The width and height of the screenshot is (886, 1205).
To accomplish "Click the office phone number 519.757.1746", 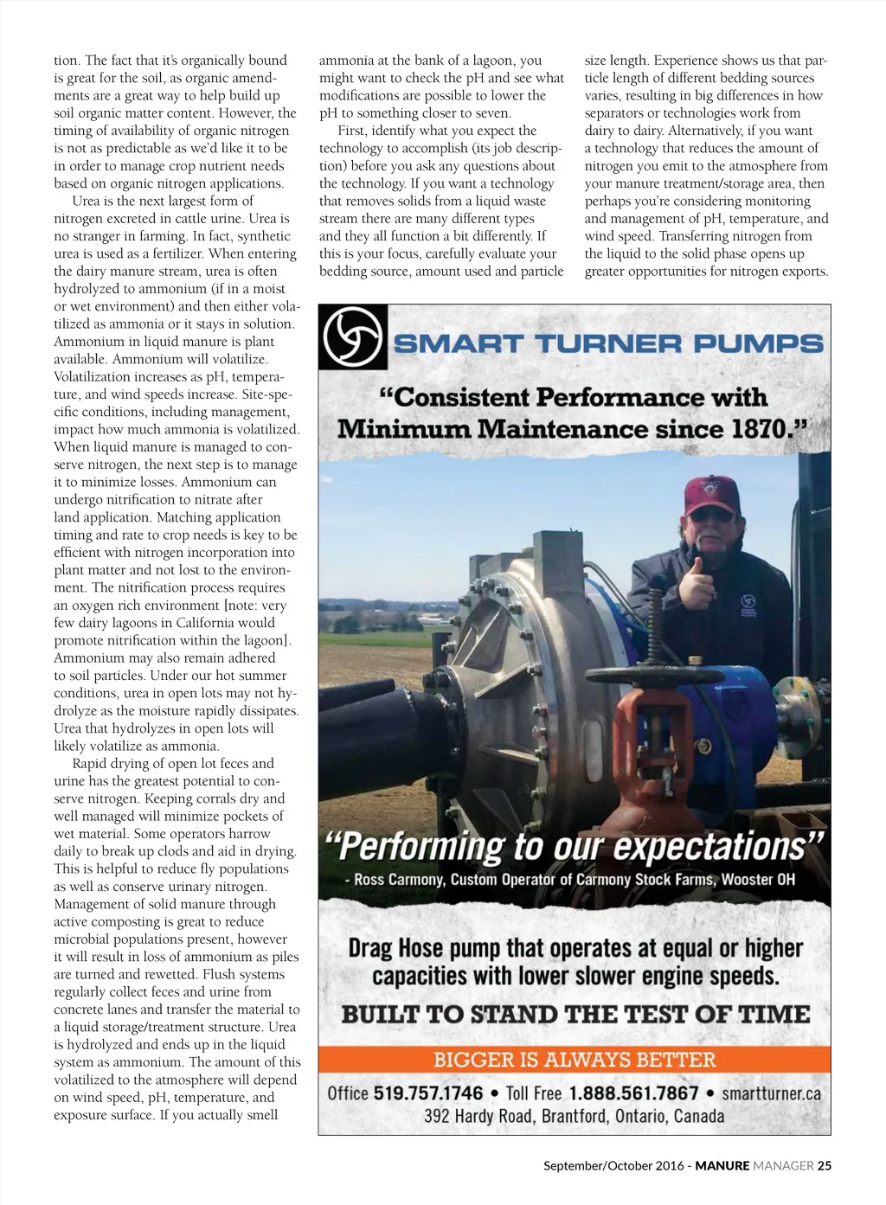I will [x=427, y=1093].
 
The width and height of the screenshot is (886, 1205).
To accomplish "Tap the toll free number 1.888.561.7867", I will [x=633, y=1093].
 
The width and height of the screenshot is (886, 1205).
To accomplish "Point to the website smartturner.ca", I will [x=771, y=1093].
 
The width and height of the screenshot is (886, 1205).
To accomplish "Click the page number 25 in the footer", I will [x=824, y=1165].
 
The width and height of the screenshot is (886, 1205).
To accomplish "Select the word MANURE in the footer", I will [x=722, y=1165].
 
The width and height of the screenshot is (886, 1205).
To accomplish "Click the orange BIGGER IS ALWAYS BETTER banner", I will [x=575, y=1060].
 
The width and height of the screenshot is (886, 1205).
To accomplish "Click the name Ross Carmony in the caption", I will [x=398, y=880].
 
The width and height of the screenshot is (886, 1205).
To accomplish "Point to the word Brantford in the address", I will [x=578, y=1116].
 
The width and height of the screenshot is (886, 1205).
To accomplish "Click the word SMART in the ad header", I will [x=458, y=343].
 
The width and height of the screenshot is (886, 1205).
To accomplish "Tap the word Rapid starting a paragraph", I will [x=89, y=763].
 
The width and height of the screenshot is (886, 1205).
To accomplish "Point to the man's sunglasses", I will [x=711, y=516].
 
